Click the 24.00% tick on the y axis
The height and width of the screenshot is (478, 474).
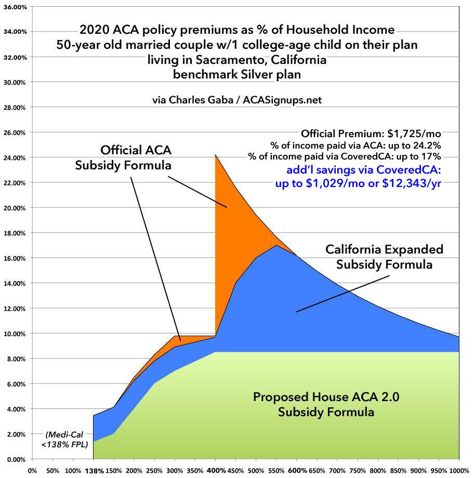[16, 157]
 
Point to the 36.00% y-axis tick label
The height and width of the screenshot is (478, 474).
[16, 7]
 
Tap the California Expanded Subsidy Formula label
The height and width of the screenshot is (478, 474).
[384, 257]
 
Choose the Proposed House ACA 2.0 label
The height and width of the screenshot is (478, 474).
[313, 405]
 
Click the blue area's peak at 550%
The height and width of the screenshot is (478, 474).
[275, 245]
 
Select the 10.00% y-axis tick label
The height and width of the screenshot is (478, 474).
[16, 334]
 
